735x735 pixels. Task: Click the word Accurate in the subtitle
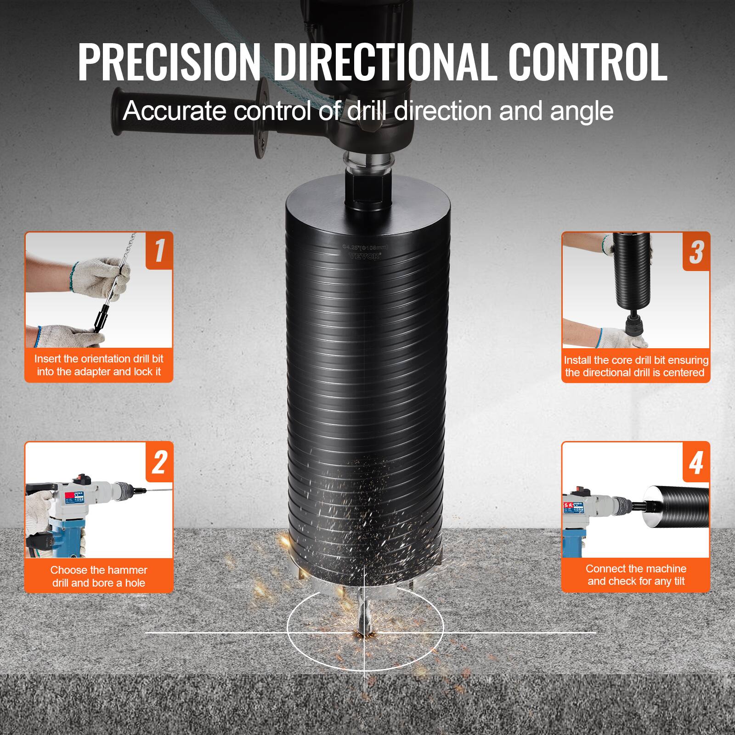[x=175, y=111]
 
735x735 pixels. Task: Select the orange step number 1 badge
[x=159, y=250]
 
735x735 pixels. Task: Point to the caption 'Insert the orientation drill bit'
[x=99, y=359]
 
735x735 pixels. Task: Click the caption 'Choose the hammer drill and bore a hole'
[x=99, y=576]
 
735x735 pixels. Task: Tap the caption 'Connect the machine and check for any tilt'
[x=636, y=575]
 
